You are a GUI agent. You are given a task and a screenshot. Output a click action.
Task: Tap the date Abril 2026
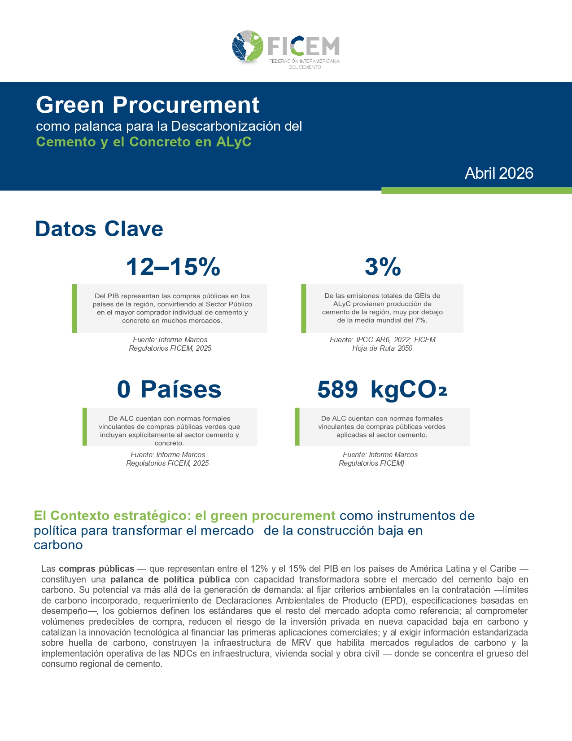click(x=499, y=173)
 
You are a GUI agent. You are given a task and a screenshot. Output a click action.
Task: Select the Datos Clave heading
click(x=99, y=229)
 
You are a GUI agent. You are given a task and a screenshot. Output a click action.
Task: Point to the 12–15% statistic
click(x=173, y=266)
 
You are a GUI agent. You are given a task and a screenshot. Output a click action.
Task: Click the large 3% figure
click(x=383, y=266)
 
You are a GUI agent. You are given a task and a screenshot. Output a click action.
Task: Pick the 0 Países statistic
click(x=169, y=389)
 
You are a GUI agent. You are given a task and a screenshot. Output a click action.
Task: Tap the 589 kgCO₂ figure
click(x=382, y=389)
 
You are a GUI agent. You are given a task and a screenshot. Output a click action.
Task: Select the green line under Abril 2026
click(x=476, y=190)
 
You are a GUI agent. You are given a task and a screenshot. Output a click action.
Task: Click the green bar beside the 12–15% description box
click(x=74, y=308)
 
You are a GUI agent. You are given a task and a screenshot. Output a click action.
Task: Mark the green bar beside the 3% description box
click(x=304, y=308)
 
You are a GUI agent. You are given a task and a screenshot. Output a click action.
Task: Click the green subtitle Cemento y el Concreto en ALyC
click(x=144, y=142)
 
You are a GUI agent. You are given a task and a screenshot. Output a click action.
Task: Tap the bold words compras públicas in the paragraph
click(x=96, y=569)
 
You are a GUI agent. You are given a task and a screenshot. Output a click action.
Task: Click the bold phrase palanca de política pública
click(x=170, y=579)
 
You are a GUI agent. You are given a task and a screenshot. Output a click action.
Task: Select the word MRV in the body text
click(x=301, y=643)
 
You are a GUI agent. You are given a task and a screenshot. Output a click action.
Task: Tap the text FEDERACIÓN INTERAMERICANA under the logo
click(x=304, y=61)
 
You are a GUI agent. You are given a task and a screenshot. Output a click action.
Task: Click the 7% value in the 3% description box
click(x=420, y=320)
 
